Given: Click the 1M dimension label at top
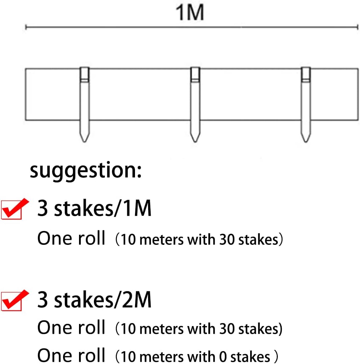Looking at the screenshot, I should (190, 13).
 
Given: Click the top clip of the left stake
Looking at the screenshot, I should (84, 74).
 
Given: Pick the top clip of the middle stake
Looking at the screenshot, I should (195, 74).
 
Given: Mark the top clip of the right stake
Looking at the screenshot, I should (305, 74).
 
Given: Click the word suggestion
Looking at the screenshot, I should (86, 171).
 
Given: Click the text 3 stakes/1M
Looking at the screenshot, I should (94, 209).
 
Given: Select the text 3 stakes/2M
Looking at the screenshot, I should (94, 300).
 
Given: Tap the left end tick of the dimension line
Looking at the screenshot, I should (26, 27).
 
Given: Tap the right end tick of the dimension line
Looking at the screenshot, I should (357, 27).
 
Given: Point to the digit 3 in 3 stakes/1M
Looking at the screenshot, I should (43, 209).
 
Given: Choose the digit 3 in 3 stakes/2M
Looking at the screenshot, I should (43, 300).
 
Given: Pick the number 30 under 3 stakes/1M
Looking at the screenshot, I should (226, 240).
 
